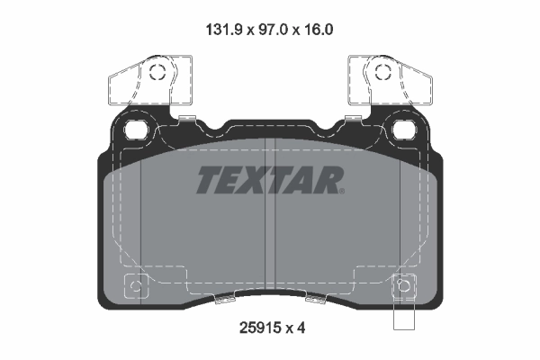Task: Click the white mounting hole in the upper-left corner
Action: pos(138,129)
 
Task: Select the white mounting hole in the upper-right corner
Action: pos(402,129)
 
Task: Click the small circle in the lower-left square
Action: pos(137,288)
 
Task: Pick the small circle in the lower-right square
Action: pos(403,288)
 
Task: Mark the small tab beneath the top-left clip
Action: pos(187,116)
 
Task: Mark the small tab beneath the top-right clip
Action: pos(353,116)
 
